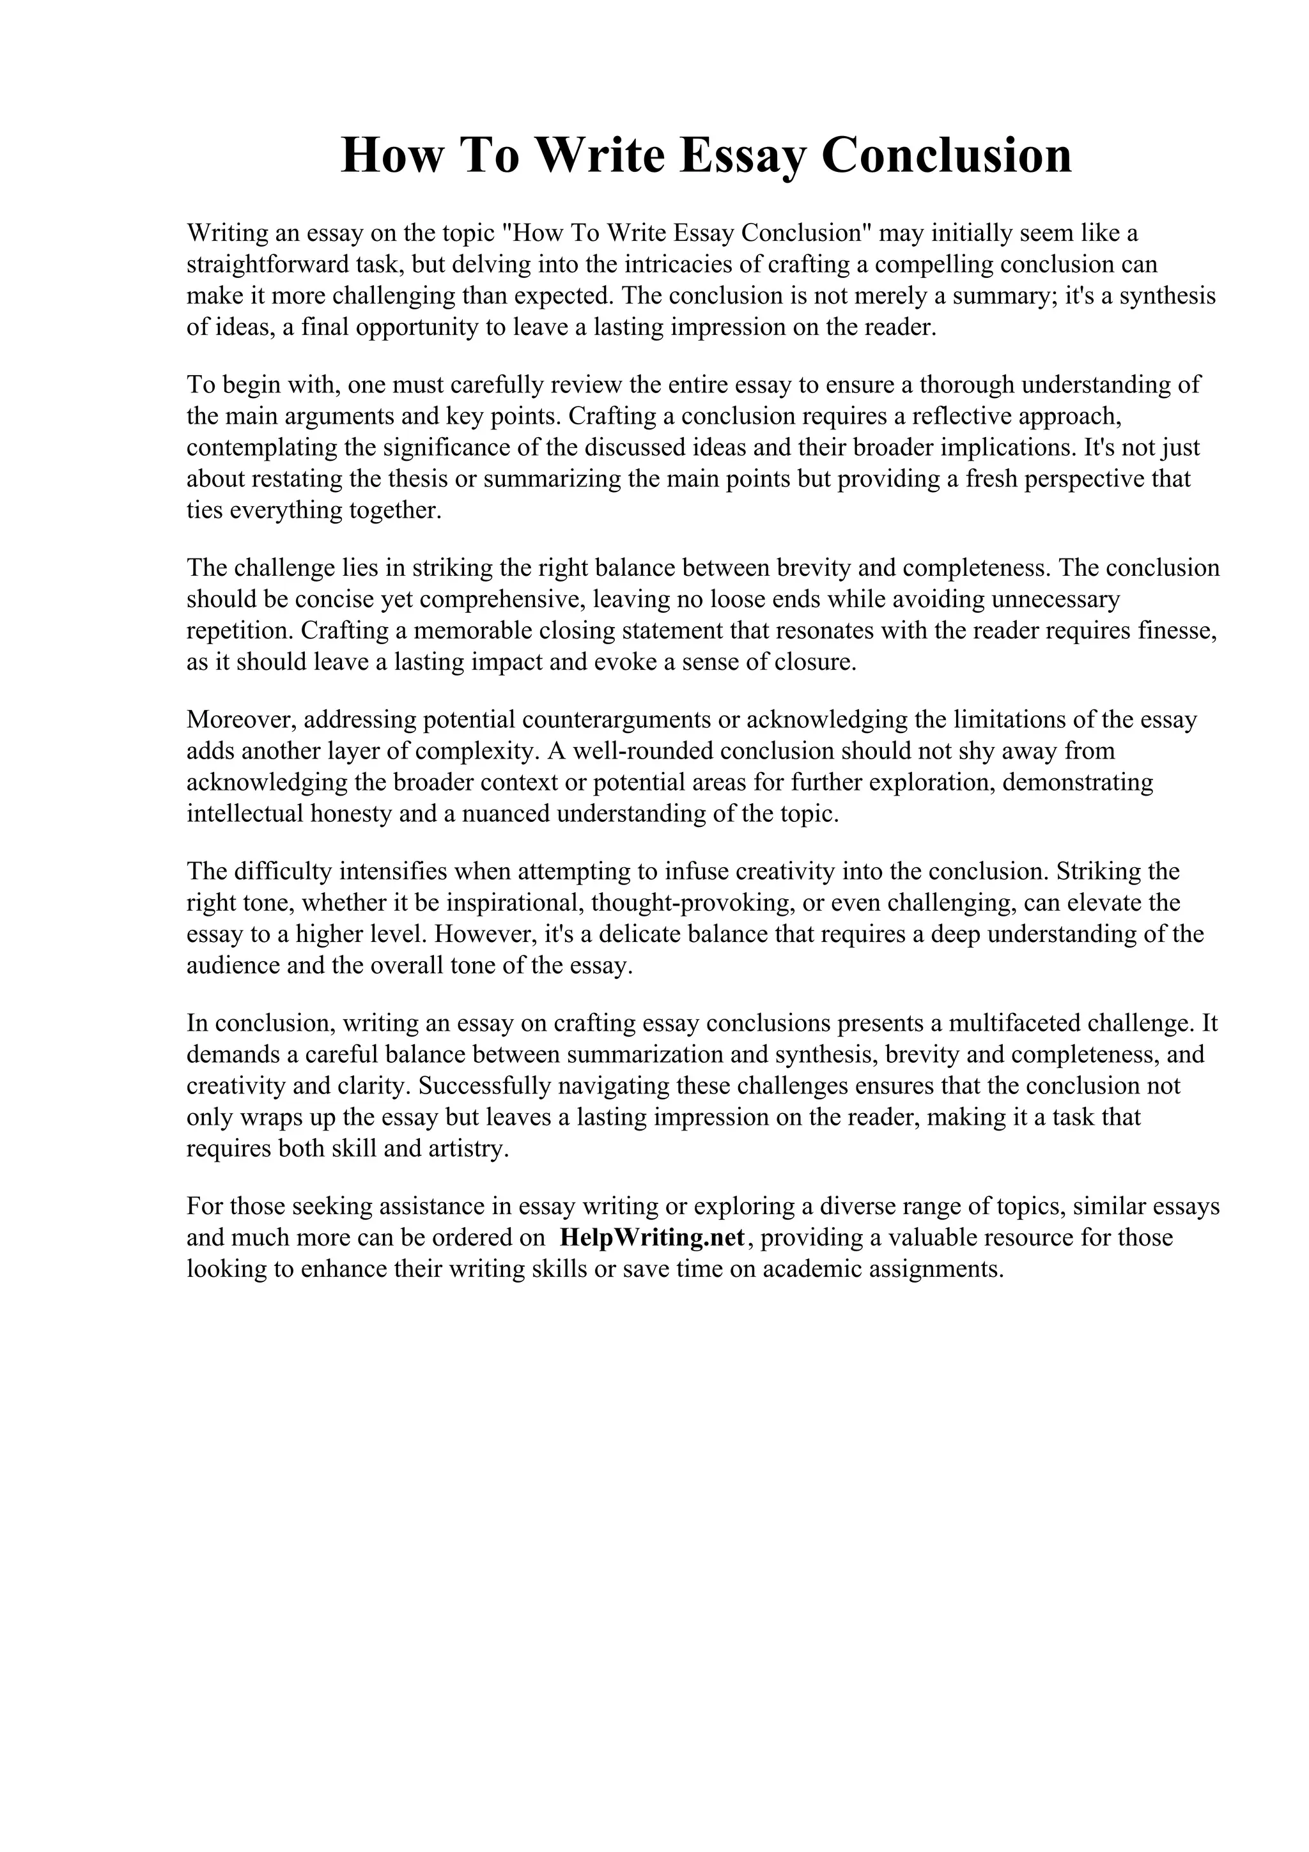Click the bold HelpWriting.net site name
pos(652,1237)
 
